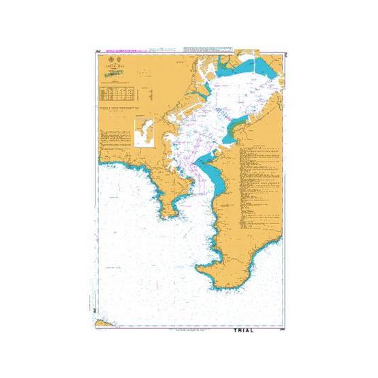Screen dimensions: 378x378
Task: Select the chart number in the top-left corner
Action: [x=98, y=50]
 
